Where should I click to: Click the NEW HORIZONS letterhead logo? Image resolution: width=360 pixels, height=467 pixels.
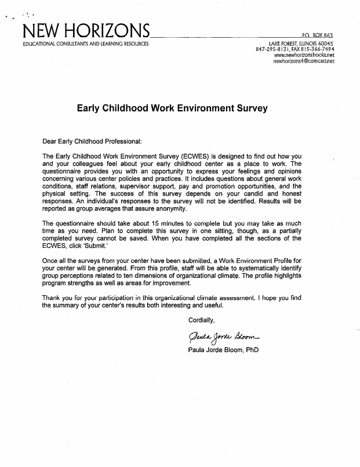(85, 31)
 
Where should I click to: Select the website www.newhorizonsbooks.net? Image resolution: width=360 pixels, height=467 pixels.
(304, 55)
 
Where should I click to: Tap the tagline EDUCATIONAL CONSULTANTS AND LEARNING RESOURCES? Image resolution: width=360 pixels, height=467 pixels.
(85, 44)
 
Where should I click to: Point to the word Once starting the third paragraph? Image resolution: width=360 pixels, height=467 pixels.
(52, 260)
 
